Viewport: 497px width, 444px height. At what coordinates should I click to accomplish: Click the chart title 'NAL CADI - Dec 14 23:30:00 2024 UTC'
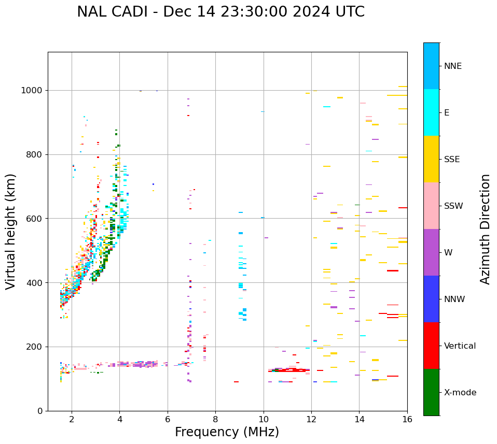(x=220, y=12)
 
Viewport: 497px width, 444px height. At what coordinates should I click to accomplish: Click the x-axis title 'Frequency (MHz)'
(x=227, y=432)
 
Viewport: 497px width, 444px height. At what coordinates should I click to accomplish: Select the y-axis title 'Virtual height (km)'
(x=11, y=231)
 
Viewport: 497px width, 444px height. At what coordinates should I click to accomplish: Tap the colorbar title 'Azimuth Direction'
(x=485, y=228)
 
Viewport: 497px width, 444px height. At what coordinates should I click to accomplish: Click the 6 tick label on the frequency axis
(x=168, y=419)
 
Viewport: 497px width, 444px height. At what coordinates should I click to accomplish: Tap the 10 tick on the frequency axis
(x=264, y=419)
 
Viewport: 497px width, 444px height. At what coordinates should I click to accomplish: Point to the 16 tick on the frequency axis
(x=407, y=419)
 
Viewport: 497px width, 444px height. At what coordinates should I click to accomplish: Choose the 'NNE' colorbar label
(x=452, y=66)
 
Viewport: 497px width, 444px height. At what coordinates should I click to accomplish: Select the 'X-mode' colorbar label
(x=460, y=392)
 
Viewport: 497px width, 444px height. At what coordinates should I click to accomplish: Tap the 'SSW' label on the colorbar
(x=453, y=206)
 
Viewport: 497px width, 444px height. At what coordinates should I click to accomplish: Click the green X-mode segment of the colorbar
(x=431, y=392)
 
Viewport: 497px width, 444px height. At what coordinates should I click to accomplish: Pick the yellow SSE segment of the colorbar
(x=431, y=159)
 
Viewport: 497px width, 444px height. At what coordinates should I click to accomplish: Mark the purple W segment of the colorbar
(x=431, y=252)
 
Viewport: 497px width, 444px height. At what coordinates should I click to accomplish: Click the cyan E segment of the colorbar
(x=431, y=112)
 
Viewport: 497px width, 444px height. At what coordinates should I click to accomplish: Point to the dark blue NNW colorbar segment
(x=431, y=299)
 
